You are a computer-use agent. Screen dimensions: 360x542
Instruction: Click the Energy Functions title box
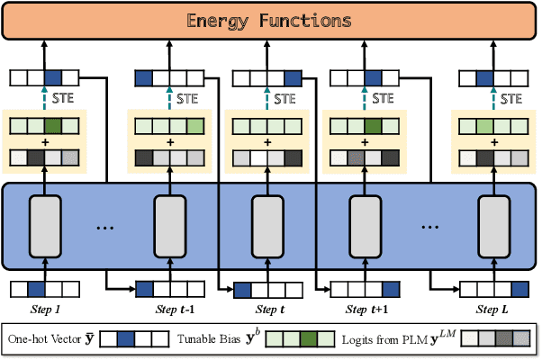point(270,20)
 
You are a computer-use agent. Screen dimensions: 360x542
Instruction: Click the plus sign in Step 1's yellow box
point(44,141)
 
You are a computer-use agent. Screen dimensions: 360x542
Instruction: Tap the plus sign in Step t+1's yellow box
point(366,141)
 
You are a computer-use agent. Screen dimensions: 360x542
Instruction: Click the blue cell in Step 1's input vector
point(36,290)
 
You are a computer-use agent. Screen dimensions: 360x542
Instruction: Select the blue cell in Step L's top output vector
point(483,78)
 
